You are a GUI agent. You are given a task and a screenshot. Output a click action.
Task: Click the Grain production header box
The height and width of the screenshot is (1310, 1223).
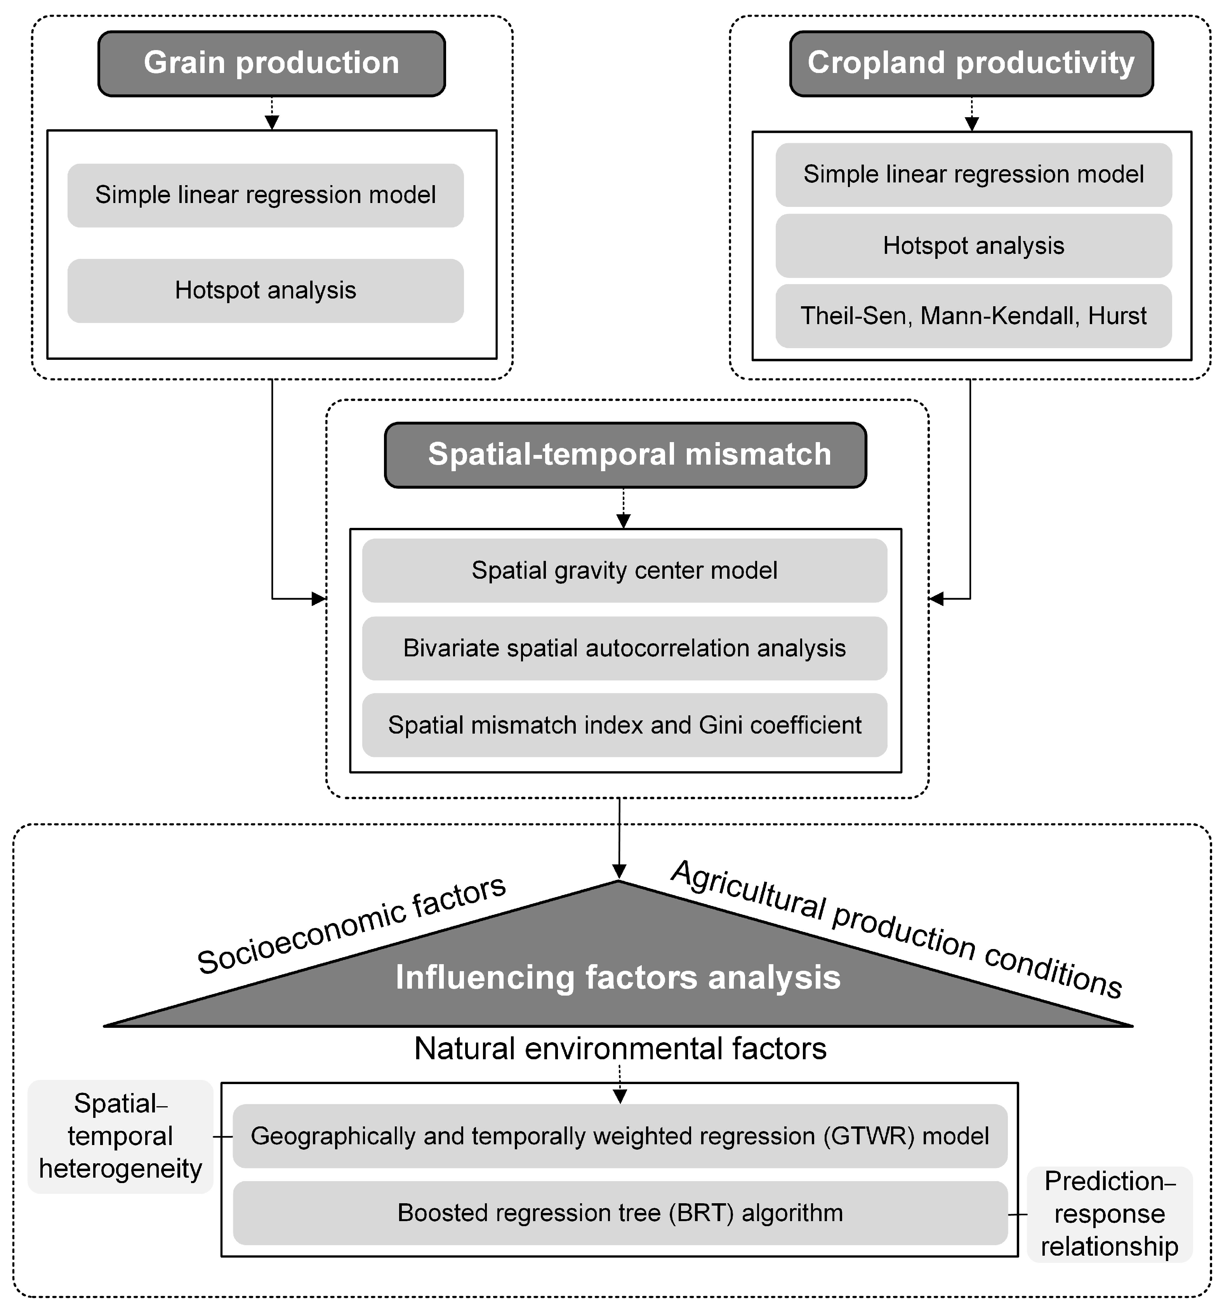pyautogui.click(x=272, y=63)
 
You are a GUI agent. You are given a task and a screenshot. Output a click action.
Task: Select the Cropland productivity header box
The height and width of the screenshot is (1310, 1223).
pyautogui.click(x=971, y=63)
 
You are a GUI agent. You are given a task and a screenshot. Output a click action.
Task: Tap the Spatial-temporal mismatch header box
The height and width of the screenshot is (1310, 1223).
pyautogui.click(x=625, y=455)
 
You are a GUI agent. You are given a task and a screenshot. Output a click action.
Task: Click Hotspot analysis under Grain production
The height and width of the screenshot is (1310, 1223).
pyautogui.click(x=265, y=291)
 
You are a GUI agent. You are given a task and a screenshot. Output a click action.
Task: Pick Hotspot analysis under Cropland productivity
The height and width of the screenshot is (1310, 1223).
pyautogui.click(x=973, y=246)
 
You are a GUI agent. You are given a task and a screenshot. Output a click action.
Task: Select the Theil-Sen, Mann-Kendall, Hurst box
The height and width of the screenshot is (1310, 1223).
pyautogui.click(x=973, y=316)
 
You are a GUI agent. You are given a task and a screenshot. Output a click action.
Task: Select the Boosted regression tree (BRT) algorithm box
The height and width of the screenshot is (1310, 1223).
pyautogui.click(x=620, y=1213)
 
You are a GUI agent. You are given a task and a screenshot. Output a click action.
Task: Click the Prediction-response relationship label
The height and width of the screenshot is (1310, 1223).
pyautogui.click(x=1110, y=1214)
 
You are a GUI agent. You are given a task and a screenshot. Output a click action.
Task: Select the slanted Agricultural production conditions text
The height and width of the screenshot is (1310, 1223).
pyautogui.click(x=896, y=929)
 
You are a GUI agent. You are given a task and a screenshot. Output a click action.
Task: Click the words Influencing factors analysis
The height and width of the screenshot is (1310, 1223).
pyautogui.click(x=618, y=977)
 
